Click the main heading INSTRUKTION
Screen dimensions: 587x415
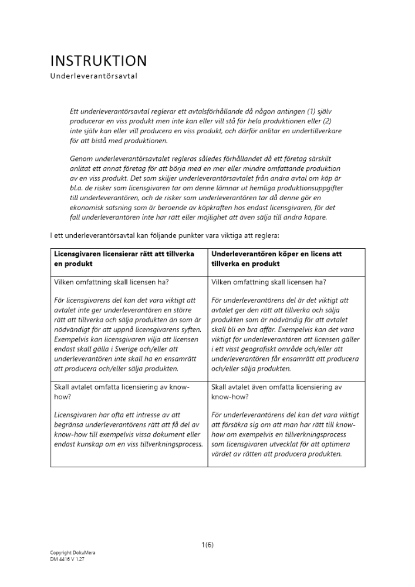pyautogui.click(x=99, y=61)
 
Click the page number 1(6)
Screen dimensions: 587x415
pyautogui.click(x=207, y=545)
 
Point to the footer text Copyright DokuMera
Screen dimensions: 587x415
pyautogui.click(x=73, y=553)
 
